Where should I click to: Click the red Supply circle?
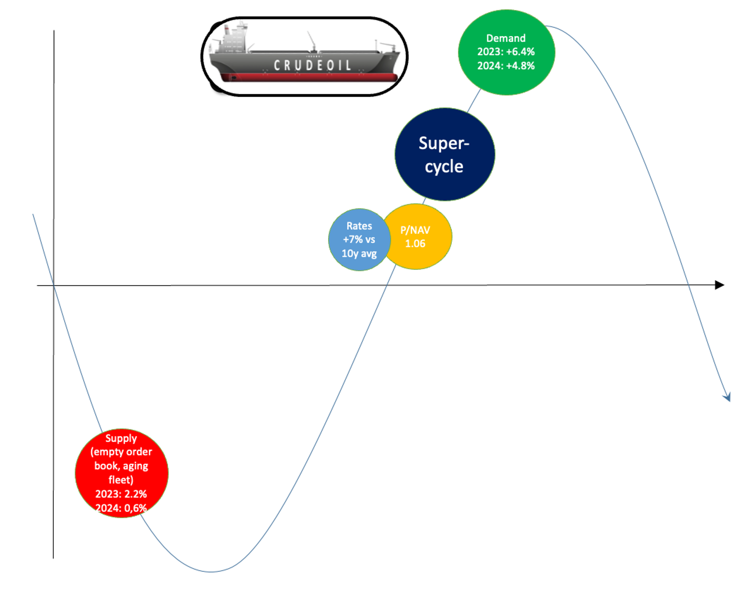(x=121, y=473)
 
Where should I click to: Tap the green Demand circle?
(x=506, y=52)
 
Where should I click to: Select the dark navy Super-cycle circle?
(x=444, y=154)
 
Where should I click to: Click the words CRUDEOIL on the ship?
(x=312, y=65)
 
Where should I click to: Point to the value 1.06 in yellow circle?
(x=415, y=243)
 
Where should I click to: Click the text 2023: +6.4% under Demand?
(x=506, y=52)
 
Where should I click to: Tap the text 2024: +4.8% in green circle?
(x=506, y=66)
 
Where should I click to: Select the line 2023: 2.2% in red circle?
(x=121, y=494)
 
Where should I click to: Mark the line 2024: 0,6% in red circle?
(x=121, y=508)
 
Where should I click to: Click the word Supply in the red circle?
(x=121, y=438)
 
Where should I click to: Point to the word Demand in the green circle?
(x=506, y=38)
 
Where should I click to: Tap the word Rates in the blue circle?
(x=359, y=226)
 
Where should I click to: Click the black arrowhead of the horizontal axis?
(x=719, y=285)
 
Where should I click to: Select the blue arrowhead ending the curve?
(x=727, y=398)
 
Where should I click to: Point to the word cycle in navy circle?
(x=444, y=167)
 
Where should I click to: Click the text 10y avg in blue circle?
(x=359, y=254)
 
